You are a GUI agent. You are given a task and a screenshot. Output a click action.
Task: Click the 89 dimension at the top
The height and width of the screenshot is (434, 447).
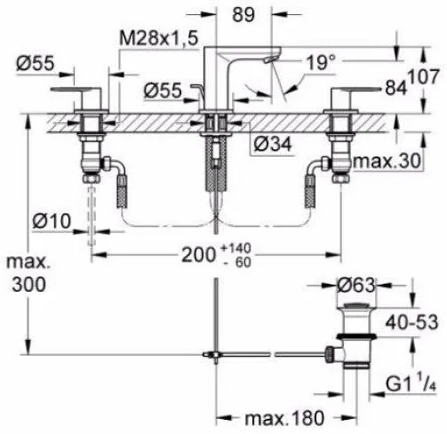[243, 14]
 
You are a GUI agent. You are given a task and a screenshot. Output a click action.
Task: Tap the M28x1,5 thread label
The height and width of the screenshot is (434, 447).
[158, 38]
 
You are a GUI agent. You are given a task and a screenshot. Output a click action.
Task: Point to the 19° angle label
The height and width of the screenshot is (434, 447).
[321, 62]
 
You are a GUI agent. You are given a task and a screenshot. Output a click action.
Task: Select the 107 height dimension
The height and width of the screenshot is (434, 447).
[423, 76]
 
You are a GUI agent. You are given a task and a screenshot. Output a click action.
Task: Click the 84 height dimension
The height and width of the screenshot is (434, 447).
[395, 87]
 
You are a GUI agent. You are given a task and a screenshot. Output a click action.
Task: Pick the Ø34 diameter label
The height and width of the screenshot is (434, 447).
[273, 144]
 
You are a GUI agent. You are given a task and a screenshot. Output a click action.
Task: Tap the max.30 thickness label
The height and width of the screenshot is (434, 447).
[387, 161]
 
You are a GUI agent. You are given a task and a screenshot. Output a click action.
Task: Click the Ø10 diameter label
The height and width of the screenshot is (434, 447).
[52, 221]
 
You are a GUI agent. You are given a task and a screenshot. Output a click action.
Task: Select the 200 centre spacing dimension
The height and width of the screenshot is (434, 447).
[198, 254]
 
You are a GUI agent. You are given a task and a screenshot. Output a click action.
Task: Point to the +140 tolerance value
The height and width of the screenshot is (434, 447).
[236, 248]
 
